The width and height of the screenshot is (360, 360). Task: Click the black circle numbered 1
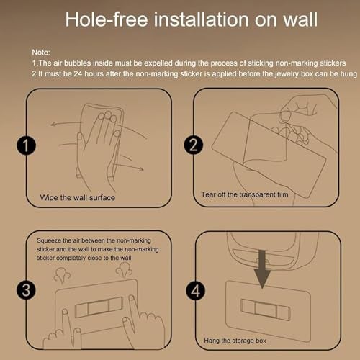pyautogui.click(x=26, y=145)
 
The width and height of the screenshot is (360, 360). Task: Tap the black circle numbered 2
pyautogui.click(x=194, y=145)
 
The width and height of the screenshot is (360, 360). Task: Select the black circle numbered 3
pyautogui.click(x=26, y=290)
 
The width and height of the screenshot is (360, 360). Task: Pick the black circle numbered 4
pyautogui.click(x=195, y=291)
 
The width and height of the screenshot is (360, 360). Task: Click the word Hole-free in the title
pyautogui.click(x=107, y=19)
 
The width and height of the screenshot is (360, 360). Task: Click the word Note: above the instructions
pyautogui.click(x=41, y=53)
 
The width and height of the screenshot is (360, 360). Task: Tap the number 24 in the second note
pyautogui.click(x=78, y=73)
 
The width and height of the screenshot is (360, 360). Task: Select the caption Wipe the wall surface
pyautogui.click(x=78, y=198)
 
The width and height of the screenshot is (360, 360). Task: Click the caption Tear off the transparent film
pyautogui.click(x=245, y=194)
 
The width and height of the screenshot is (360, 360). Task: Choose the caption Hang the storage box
pyautogui.click(x=235, y=341)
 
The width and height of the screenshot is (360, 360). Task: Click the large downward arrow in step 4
pyautogui.click(x=262, y=269)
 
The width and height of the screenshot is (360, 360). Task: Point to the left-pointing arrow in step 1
pyautogui.click(x=67, y=123)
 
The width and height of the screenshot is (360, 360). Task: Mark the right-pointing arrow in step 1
pyautogui.click(x=128, y=166)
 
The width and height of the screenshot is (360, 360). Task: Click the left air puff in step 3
pyautogui.click(x=62, y=276)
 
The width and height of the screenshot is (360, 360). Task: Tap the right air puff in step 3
pyautogui.click(x=124, y=271)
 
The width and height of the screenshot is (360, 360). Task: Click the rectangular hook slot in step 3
pyautogui.click(x=99, y=307)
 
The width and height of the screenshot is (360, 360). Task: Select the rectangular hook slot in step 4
pyautogui.click(x=265, y=310)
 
